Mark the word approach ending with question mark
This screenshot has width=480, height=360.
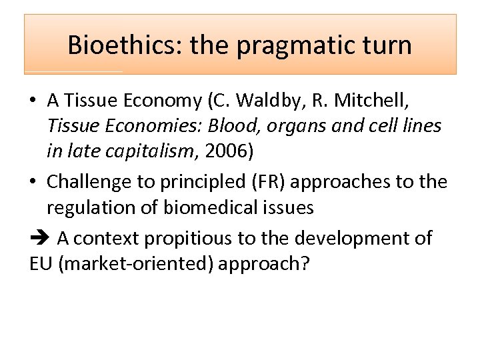point(264,263)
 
